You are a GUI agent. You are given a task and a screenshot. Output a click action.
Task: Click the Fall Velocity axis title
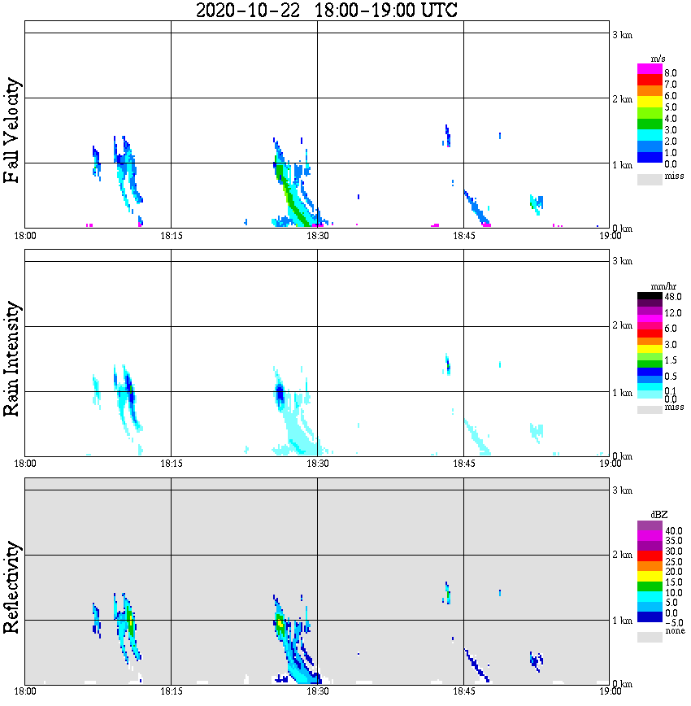click(12, 130)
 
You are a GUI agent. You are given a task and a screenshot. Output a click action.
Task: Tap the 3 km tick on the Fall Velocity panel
click(622, 33)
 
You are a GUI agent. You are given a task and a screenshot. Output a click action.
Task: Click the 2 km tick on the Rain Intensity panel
click(622, 326)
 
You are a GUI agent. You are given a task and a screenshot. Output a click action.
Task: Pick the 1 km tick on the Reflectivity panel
click(622, 621)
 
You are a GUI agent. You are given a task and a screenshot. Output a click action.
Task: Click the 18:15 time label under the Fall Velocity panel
click(171, 236)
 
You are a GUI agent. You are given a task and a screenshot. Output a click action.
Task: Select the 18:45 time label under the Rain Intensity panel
click(463, 464)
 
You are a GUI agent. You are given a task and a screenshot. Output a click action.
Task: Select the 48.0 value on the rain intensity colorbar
click(674, 298)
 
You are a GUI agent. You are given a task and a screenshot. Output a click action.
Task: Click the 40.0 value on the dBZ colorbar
click(674, 530)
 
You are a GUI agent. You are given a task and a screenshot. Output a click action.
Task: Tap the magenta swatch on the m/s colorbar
click(650, 69)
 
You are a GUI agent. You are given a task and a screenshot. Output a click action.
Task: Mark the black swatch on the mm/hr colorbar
click(650, 297)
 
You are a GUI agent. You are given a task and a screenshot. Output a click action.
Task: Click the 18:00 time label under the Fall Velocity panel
click(25, 236)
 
